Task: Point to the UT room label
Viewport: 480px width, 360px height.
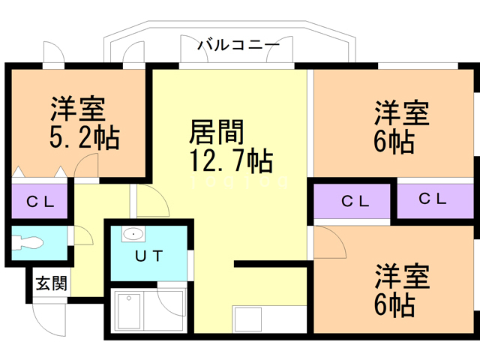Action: (147, 255)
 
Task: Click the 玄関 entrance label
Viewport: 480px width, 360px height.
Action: (52, 283)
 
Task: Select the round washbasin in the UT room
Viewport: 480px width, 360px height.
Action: (133, 233)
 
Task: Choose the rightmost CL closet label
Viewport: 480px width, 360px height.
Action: (433, 199)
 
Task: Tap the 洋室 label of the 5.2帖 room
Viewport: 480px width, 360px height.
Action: (76, 111)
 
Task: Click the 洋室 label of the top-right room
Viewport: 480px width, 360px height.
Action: (401, 113)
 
